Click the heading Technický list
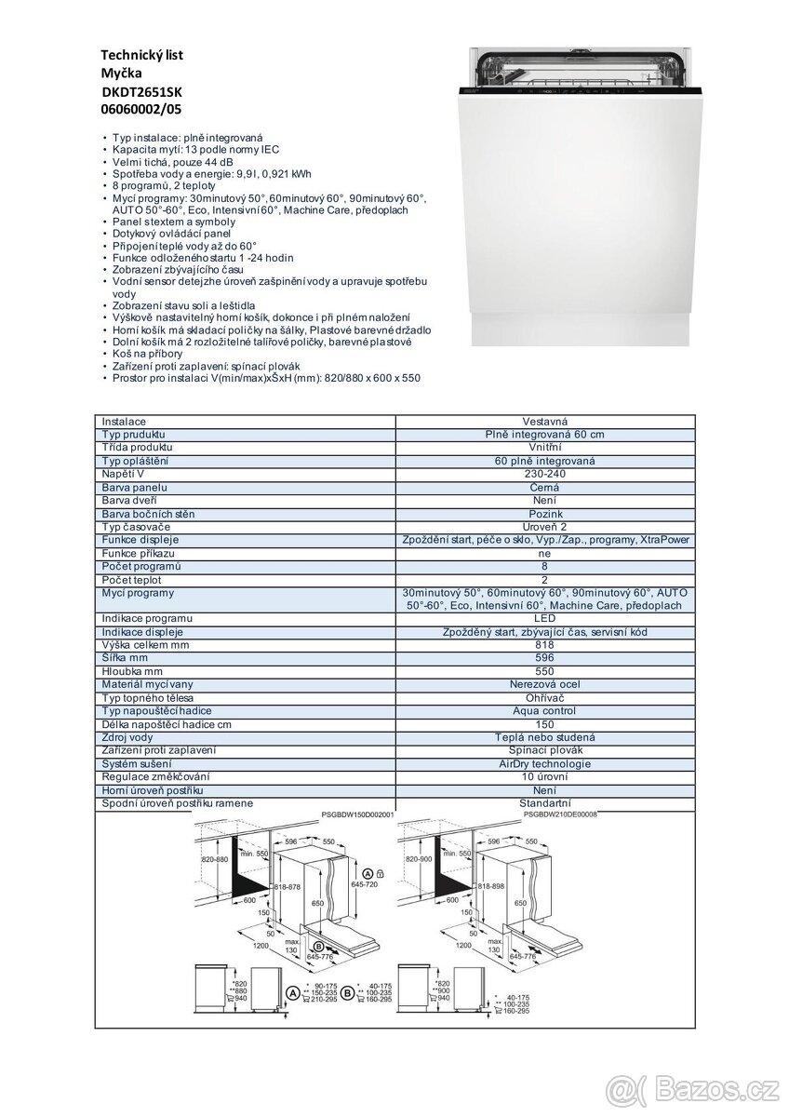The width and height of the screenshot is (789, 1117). coord(141,55)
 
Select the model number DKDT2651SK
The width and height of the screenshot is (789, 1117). coord(144,91)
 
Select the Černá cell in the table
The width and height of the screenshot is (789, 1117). coord(544,487)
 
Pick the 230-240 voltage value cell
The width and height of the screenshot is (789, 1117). coord(544,474)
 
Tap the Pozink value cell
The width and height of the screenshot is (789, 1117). coord(544,514)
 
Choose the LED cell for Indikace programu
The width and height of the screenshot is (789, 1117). coord(544,619)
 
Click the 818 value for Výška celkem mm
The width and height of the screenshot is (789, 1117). coord(544,645)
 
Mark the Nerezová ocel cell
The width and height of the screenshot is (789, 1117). coord(544,684)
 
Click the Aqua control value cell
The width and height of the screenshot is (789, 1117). coord(544,711)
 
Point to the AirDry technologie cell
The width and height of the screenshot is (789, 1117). coord(544,763)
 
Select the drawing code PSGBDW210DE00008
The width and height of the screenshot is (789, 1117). coord(560,814)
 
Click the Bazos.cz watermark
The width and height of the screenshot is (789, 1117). coord(706,1084)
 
